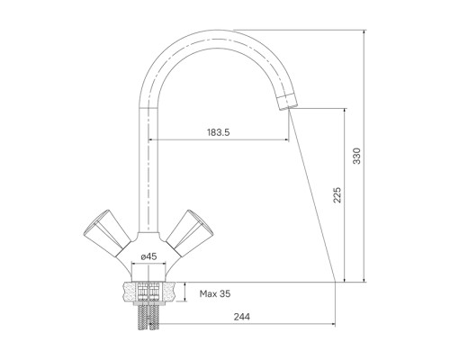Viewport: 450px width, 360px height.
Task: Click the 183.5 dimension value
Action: [218, 132]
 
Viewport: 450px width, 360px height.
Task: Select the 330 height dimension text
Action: [357, 156]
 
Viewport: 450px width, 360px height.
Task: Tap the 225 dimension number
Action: [337, 195]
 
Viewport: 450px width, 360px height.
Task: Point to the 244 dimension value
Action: [241, 317]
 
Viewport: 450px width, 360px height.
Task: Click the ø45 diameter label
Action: [148, 256]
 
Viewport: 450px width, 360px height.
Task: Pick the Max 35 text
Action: [215, 293]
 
